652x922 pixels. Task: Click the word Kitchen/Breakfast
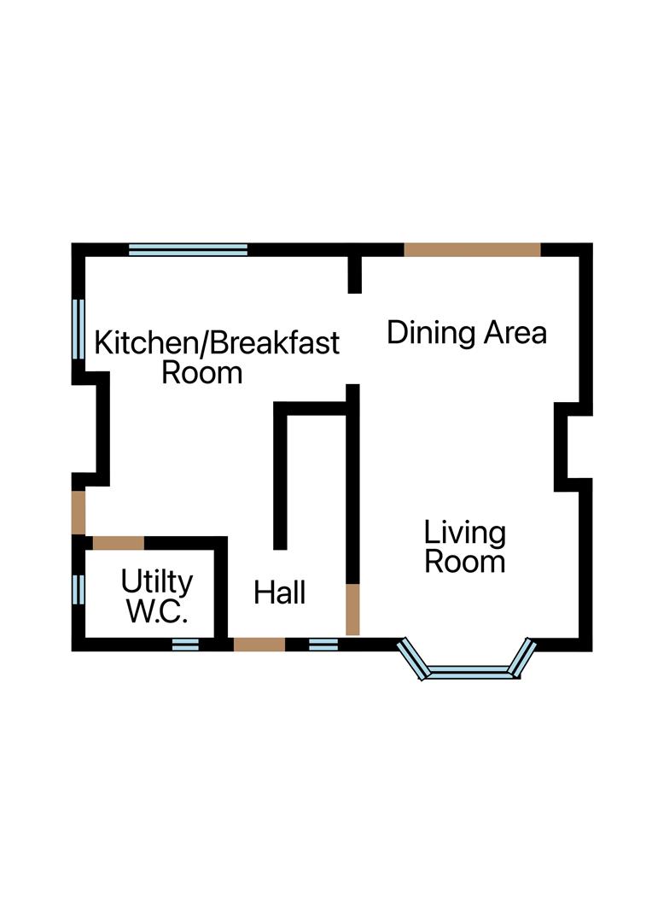(x=217, y=343)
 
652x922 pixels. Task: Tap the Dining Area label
(x=467, y=333)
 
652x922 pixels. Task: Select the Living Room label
(x=464, y=547)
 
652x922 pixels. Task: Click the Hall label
(x=279, y=592)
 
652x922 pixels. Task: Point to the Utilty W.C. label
(x=157, y=596)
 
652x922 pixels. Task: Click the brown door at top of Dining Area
(x=472, y=249)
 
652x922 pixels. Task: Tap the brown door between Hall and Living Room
(x=352, y=610)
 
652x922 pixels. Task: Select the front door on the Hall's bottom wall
(x=259, y=645)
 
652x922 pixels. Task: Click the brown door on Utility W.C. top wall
(x=118, y=543)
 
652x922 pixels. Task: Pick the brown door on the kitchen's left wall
(x=79, y=512)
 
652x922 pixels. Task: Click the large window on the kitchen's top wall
(x=188, y=249)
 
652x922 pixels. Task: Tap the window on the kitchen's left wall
(x=79, y=330)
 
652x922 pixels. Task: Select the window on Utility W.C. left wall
(x=79, y=589)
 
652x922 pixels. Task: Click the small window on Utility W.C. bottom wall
(x=185, y=645)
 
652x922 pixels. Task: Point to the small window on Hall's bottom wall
(x=323, y=645)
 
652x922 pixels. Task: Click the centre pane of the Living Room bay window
(x=469, y=672)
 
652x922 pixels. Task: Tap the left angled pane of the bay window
(x=412, y=658)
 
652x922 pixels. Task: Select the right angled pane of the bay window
(x=522, y=657)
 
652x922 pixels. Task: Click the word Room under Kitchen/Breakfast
(x=201, y=373)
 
